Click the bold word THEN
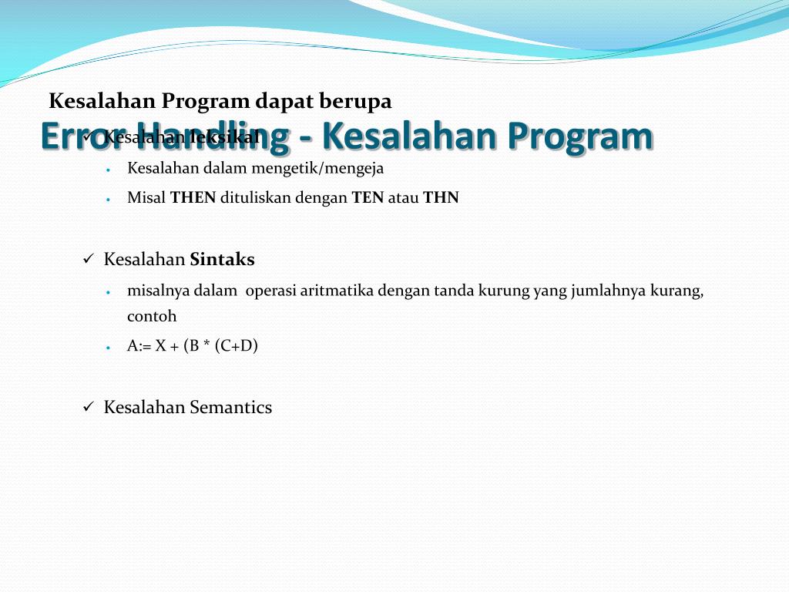pyautogui.click(x=193, y=198)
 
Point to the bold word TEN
pyautogui.click(x=368, y=198)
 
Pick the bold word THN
pyautogui.click(x=441, y=198)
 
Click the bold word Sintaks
pyautogui.click(x=222, y=260)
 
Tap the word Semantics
pyautogui.click(x=230, y=408)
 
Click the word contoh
pyautogui.click(x=152, y=316)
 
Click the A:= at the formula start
pyautogui.click(x=139, y=346)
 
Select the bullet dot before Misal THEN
pyautogui.click(x=109, y=199)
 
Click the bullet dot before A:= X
pyautogui.click(x=109, y=347)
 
